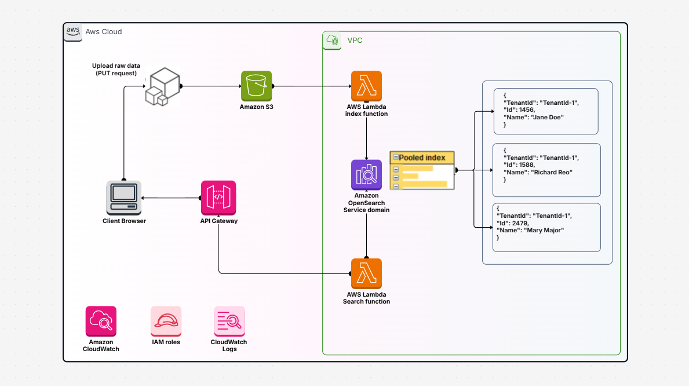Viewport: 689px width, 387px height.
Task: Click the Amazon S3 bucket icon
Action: click(256, 86)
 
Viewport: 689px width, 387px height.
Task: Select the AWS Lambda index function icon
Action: click(366, 86)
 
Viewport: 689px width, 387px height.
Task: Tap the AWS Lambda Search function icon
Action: click(366, 273)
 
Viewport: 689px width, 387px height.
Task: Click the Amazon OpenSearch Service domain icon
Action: click(366, 175)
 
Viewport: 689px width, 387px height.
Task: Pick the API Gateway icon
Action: click(218, 198)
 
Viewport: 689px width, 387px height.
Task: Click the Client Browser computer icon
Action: click(123, 198)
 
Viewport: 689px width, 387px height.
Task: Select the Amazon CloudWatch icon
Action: click(101, 321)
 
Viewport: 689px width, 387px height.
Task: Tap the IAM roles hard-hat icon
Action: click(166, 321)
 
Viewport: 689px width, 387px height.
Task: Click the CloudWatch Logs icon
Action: click(229, 321)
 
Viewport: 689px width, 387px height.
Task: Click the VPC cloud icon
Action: click(333, 40)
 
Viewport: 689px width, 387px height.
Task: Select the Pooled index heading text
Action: click(422, 158)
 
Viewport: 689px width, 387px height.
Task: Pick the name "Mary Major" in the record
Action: click(544, 230)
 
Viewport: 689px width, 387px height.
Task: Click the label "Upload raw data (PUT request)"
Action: click(116, 69)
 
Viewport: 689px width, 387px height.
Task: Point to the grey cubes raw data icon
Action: click(162, 87)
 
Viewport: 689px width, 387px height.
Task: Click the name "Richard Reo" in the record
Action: click(548, 172)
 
